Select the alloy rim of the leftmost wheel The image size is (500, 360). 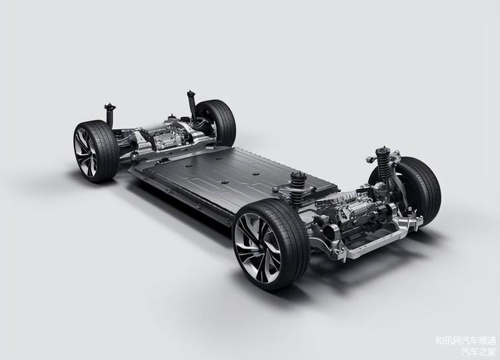point(85,152)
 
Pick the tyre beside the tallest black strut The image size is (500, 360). point(220,121)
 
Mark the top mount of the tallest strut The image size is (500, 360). point(191,94)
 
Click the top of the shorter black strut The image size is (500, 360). point(110,107)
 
